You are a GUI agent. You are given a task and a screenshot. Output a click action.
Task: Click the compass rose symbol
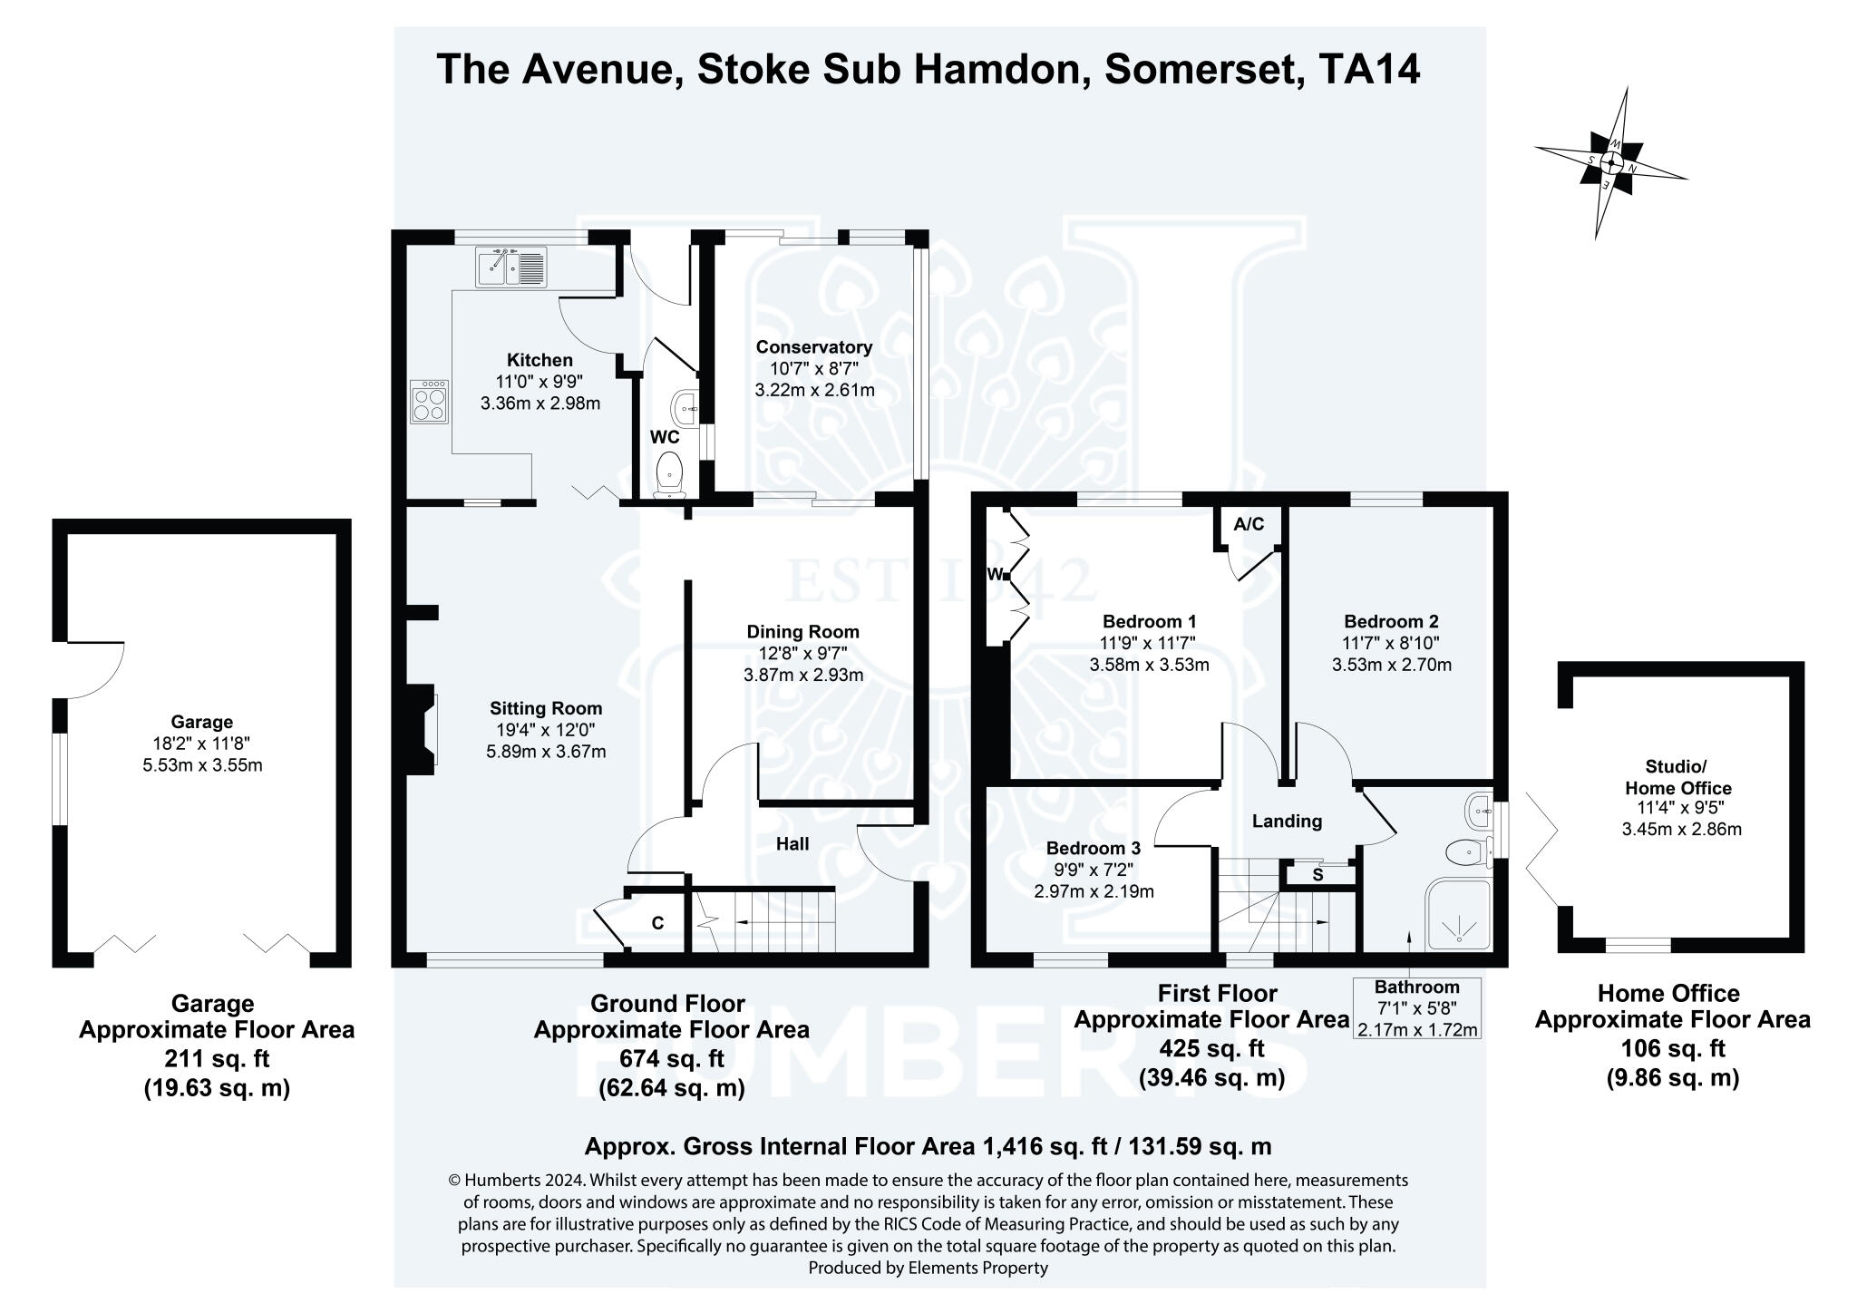[x=1610, y=164]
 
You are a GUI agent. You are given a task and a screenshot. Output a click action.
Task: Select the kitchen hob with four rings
[x=428, y=402]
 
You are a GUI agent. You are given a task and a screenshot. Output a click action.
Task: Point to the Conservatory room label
[x=813, y=346]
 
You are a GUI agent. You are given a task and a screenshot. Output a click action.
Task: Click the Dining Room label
[x=802, y=631]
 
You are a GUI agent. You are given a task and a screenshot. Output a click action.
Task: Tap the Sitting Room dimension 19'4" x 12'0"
[x=546, y=730]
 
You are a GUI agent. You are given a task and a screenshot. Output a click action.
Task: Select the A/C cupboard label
[x=1249, y=524]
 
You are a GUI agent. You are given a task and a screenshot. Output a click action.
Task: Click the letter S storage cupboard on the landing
[x=1317, y=875]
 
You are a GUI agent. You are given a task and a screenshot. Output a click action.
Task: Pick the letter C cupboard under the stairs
[x=657, y=923]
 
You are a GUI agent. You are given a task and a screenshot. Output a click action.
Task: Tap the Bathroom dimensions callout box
[x=1416, y=1007]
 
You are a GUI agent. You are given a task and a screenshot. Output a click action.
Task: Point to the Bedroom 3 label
[x=1093, y=848]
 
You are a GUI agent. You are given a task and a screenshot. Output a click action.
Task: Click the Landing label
[x=1287, y=821]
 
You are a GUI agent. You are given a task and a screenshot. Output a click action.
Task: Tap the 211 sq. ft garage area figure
[x=217, y=1058]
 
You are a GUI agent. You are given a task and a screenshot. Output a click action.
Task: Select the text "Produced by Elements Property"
[x=928, y=1268]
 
